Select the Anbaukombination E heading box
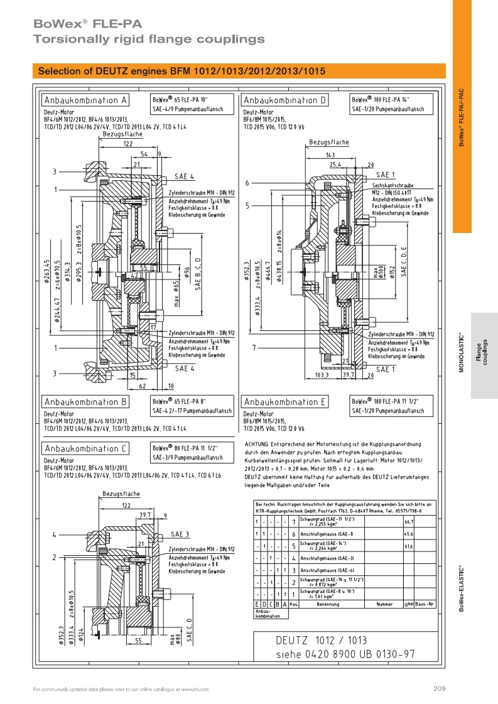tap(284, 402)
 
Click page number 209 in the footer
tap(439, 689)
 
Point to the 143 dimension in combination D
tap(329, 154)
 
